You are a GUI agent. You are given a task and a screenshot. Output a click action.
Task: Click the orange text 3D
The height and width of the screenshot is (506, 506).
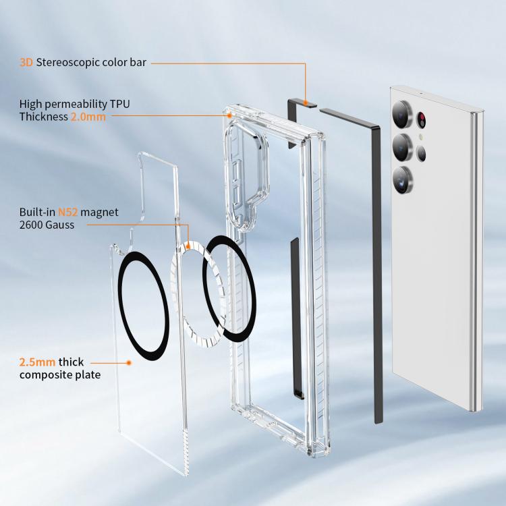pyautogui.click(x=26, y=62)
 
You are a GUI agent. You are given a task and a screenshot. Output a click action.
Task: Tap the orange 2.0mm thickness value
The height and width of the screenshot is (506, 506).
pyautogui.click(x=88, y=117)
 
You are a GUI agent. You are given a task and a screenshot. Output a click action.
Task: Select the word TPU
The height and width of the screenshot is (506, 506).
pyautogui.click(x=119, y=104)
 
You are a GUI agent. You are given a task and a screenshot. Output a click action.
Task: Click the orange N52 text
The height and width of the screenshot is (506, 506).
pyautogui.click(x=67, y=212)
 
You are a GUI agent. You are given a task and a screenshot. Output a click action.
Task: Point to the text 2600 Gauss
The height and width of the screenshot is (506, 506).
pyautogui.click(x=47, y=225)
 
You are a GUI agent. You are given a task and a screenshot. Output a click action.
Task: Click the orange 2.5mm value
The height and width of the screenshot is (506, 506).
pyautogui.click(x=37, y=362)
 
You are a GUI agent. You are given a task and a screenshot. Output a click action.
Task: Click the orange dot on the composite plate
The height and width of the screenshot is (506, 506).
pyautogui.click(x=129, y=363)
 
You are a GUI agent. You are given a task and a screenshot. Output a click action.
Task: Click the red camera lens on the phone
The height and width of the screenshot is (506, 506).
pyautogui.click(x=421, y=120)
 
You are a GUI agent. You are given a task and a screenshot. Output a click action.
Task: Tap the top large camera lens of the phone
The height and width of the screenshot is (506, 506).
pyautogui.click(x=402, y=115)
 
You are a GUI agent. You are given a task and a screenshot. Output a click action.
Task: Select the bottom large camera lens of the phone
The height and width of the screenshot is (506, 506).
pyautogui.click(x=402, y=181)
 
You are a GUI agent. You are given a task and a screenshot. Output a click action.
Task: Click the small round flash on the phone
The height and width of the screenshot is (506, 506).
pyautogui.click(x=421, y=137)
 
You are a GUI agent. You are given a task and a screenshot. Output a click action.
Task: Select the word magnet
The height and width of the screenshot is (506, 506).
pyautogui.click(x=99, y=213)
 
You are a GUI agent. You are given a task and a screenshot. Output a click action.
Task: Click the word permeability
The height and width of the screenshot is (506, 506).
pyautogui.click(x=76, y=104)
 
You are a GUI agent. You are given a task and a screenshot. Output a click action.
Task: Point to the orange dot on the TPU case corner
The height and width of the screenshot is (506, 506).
pyautogui.click(x=229, y=115)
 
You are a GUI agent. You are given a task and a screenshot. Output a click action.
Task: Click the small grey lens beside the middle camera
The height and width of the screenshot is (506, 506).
pyautogui.click(x=421, y=153)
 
